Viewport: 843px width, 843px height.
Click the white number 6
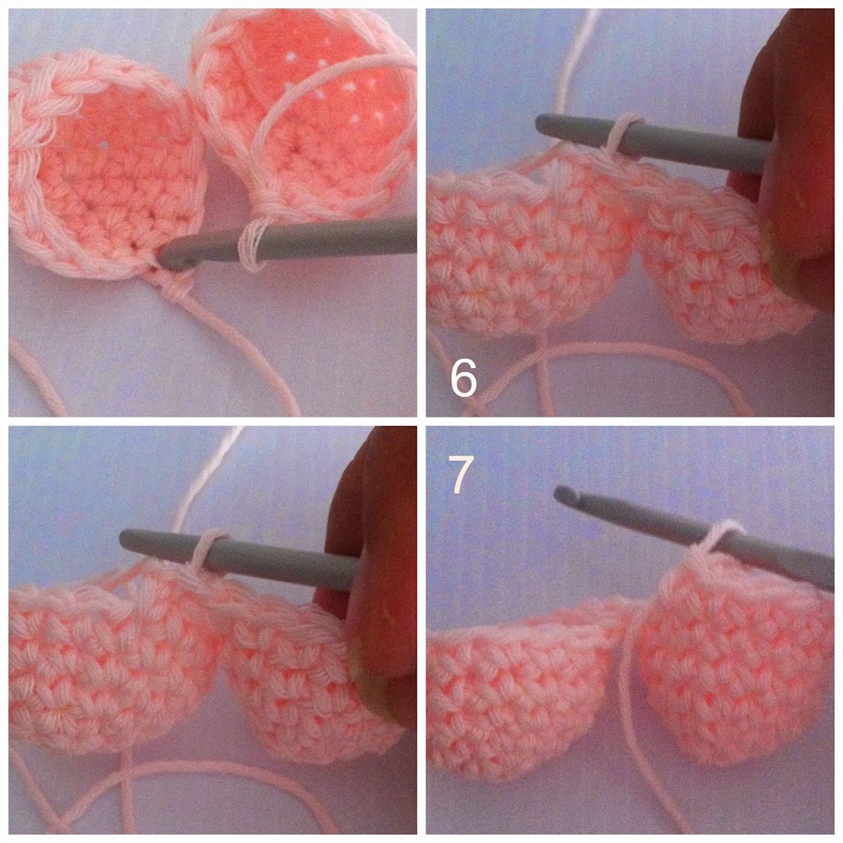[x=464, y=378]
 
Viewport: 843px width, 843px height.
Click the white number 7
[x=461, y=475]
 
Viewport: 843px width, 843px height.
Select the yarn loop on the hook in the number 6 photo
[x=624, y=134]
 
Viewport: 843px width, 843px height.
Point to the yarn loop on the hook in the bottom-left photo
[x=205, y=554]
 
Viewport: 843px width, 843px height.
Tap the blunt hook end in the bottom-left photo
[x=126, y=540]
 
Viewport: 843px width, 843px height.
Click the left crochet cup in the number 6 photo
[x=535, y=242]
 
